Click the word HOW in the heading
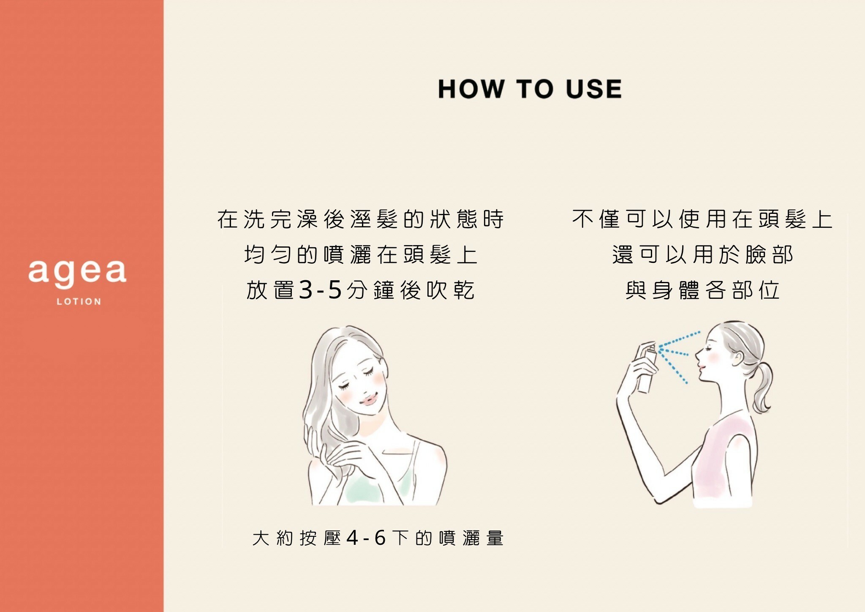tap(471, 89)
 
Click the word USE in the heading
tap(593, 89)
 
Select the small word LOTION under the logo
tap(79, 302)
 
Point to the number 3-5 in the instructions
tap(320, 290)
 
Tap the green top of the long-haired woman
tap(376, 486)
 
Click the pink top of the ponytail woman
tap(723, 463)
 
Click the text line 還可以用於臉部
tap(702, 255)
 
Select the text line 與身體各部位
tap(702, 290)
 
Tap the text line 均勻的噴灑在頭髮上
tap(361, 255)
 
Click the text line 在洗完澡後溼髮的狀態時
tap(361, 219)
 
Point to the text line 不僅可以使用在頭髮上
tap(702, 219)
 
